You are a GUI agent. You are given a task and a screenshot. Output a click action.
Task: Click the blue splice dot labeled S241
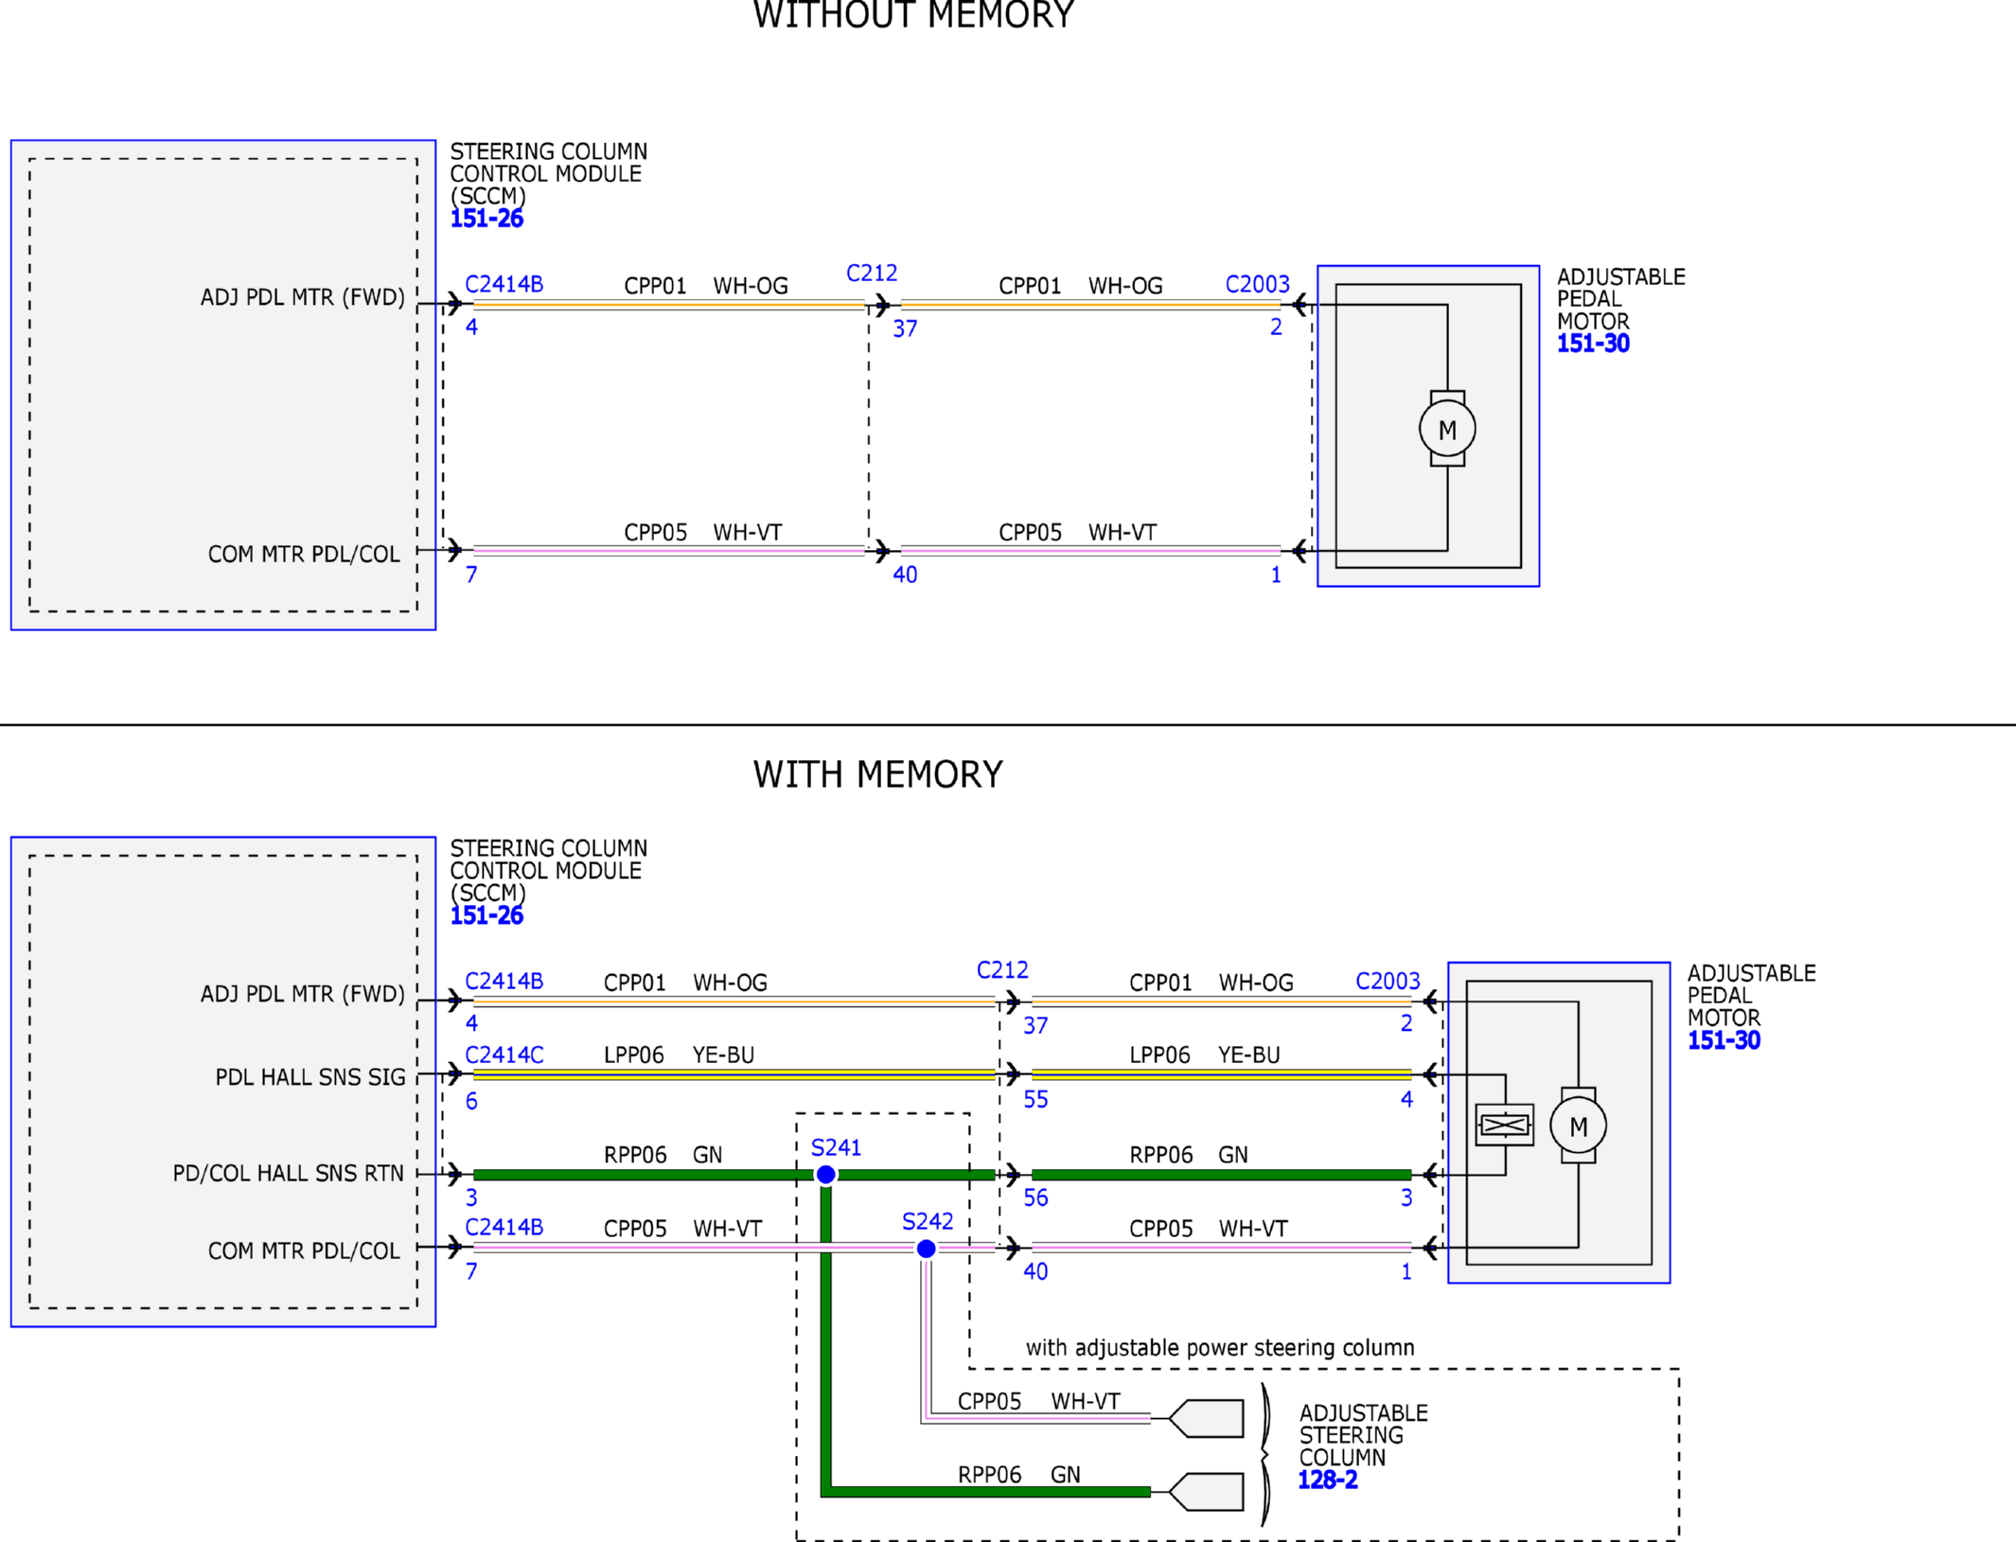pyautogui.click(x=825, y=1175)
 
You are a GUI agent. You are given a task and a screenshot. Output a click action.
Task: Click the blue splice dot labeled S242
pyautogui.click(x=927, y=1249)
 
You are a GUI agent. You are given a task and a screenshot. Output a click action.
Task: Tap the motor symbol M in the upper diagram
pyautogui.click(x=1447, y=429)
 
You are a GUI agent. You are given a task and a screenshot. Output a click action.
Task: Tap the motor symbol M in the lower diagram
pyautogui.click(x=1578, y=1125)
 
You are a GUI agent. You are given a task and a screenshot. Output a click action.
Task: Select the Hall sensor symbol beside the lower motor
pyautogui.click(x=1504, y=1125)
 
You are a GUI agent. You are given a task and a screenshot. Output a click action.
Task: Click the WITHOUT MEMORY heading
pyautogui.click(x=913, y=15)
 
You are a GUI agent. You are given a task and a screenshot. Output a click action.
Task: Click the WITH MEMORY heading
pyautogui.click(x=877, y=774)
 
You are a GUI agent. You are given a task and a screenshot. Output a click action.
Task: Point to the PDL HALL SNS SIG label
pyautogui.click(x=310, y=1077)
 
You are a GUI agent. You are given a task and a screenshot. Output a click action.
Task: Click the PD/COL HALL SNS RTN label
pyautogui.click(x=288, y=1174)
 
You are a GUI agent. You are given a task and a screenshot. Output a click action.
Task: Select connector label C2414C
pyautogui.click(x=504, y=1055)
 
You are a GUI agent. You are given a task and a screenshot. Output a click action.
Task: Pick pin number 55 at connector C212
pyautogui.click(x=1035, y=1100)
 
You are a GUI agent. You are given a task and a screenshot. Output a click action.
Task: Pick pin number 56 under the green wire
pyautogui.click(x=1035, y=1198)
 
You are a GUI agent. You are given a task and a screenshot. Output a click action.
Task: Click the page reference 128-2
pyautogui.click(x=1327, y=1480)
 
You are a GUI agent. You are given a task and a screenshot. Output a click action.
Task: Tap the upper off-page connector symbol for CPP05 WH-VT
pyautogui.click(x=1206, y=1418)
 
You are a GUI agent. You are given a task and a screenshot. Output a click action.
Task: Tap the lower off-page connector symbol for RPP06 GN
pyautogui.click(x=1206, y=1492)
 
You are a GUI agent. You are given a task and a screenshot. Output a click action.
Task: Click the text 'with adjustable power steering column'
pyautogui.click(x=1220, y=1348)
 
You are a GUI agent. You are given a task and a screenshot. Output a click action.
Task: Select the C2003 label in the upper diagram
pyautogui.click(x=1257, y=284)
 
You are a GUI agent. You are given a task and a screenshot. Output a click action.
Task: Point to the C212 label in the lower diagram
pyautogui.click(x=1002, y=969)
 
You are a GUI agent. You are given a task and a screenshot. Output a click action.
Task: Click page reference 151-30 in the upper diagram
pyautogui.click(x=1593, y=344)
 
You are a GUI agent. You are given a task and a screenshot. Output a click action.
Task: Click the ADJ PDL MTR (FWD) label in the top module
pyautogui.click(x=302, y=297)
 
